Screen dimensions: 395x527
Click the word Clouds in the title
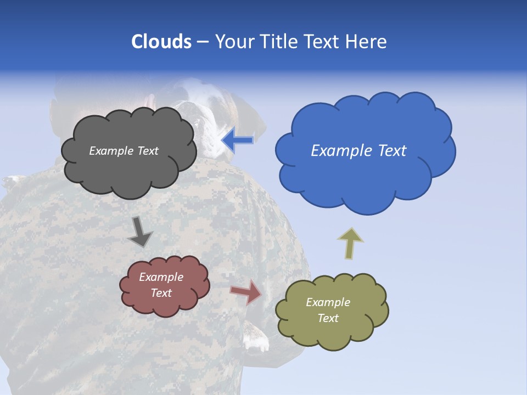[x=161, y=42]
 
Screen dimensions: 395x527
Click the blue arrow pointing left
[x=237, y=140]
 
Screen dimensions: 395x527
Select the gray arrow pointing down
[x=140, y=232]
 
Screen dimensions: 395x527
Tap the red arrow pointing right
[x=246, y=292]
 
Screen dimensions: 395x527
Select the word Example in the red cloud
[x=161, y=277]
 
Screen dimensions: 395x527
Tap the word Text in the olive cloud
[x=328, y=318]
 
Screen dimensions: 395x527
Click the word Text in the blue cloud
[x=392, y=151]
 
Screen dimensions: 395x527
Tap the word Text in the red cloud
[x=161, y=293]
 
